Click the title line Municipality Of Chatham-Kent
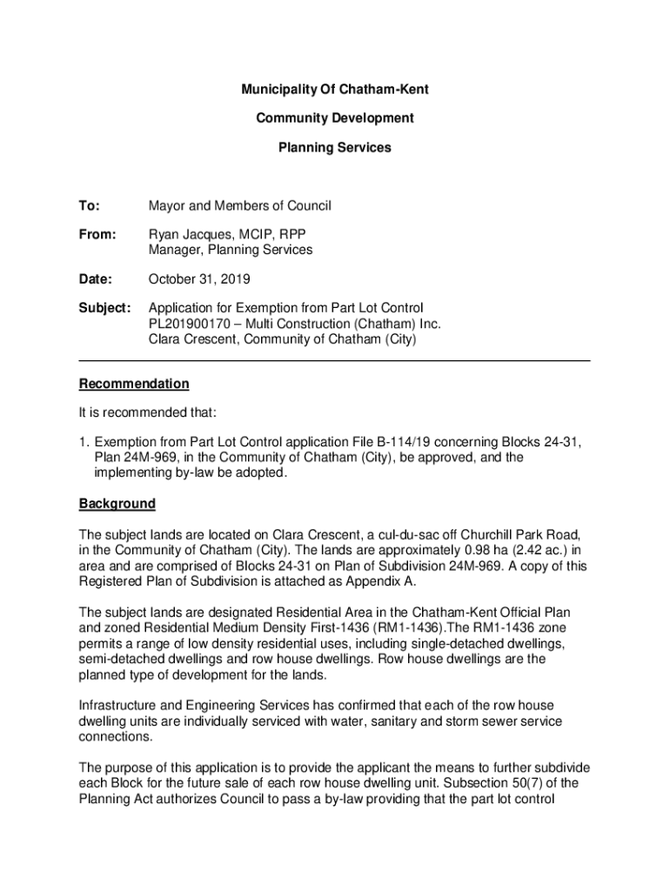pyautogui.click(x=335, y=90)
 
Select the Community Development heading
pyautogui.click(x=335, y=118)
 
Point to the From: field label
pyautogui.click(x=97, y=235)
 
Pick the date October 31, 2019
pyautogui.click(x=199, y=279)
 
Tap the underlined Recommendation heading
pyautogui.click(x=134, y=384)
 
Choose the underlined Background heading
pyautogui.click(x=117, y=504)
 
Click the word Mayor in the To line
pyautogui.click(x=167, y=206)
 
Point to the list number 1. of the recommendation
pyautogui.click(x=84, y=442)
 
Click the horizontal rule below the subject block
pyautogui.click(x=335, y=360)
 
